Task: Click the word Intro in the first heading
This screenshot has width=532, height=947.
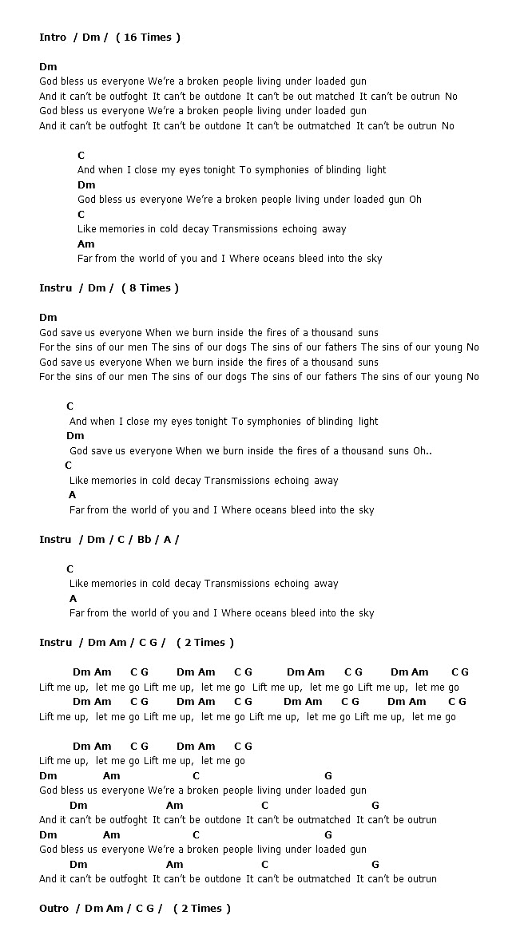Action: [x=53, y=38]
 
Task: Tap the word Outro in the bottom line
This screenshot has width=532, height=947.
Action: [x=54, y=909]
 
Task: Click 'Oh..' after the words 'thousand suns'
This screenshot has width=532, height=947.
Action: [x=422, y=451]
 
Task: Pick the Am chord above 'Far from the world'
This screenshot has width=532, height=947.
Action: [x=85, y=244]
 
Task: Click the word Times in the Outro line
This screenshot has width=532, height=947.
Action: [x=207, y=909]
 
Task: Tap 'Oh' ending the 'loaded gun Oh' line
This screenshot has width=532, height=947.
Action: [x=415, y=200]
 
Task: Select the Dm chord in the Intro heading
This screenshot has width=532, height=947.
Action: [x=90, y=38]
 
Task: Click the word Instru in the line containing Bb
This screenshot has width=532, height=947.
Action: [x=56, y=540]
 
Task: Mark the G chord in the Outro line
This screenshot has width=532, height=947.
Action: [x=150, y=909]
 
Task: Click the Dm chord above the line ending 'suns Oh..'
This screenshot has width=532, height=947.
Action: [x=75, y=436]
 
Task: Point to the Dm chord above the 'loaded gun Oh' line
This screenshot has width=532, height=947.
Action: [x=86, y=185]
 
